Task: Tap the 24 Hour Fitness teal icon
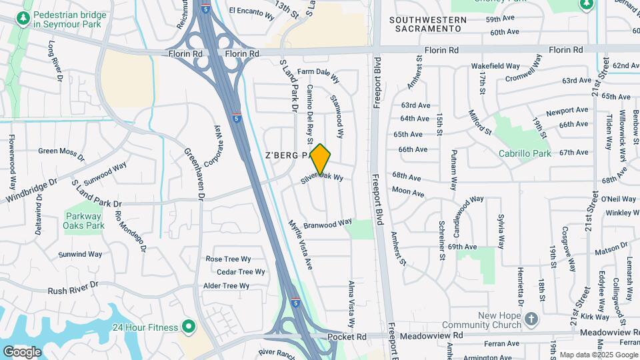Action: pos(188,327)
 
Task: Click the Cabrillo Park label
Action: pos(525,153)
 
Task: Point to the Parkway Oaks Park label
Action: pos(85,221)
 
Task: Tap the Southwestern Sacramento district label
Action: pos(427,25)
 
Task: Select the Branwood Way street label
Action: pos(327,225)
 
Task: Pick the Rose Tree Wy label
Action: pos(228,259)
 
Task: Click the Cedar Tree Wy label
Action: pos(241,272)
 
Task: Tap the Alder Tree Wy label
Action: pos(226,286)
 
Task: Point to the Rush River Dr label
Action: pos(73,288)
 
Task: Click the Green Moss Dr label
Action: pos(61,153)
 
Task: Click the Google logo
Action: pos(22,351)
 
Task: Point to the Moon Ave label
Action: pos(408,192)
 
